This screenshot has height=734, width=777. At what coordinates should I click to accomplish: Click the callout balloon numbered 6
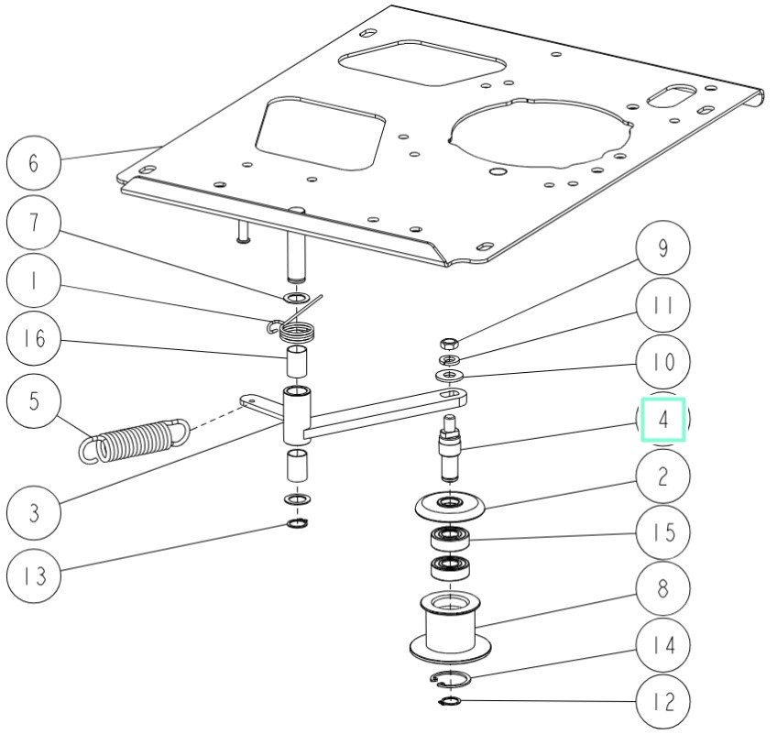(34, 163)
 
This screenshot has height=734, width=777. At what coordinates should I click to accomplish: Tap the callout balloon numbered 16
(34, 339)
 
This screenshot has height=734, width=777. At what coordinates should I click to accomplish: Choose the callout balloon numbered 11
(662, 304)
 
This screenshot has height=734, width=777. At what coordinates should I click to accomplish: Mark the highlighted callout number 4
(662, 419)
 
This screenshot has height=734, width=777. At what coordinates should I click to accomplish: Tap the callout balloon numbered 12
(662, 703)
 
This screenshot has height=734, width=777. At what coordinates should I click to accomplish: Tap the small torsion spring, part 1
(294, 325)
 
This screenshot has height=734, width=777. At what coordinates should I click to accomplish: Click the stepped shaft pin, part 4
(449, 446)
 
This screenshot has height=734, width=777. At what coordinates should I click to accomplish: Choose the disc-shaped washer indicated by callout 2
(450, 505)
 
